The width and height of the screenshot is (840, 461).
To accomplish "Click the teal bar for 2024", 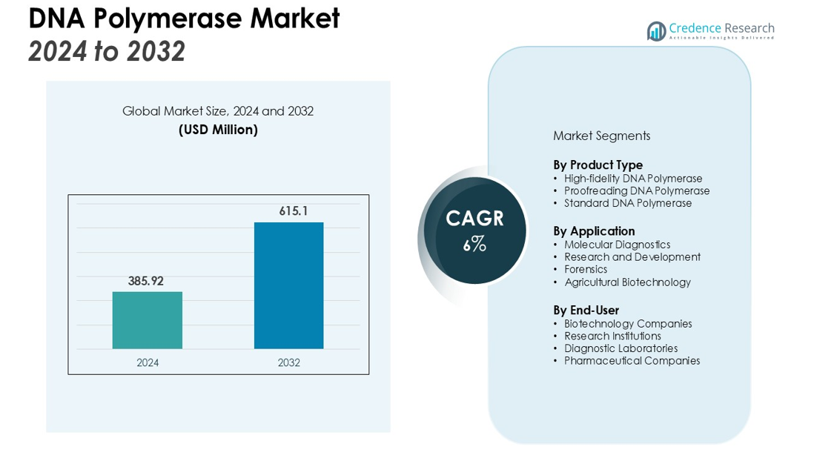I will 147,319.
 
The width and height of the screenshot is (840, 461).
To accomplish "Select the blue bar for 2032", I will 288,285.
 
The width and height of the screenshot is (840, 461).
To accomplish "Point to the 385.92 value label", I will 145,281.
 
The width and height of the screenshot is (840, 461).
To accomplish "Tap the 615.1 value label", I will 293,211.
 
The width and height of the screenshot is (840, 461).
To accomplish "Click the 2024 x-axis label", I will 148,362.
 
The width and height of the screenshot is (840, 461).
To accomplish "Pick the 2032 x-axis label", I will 288,362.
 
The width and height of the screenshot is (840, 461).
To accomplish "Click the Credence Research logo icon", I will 656,31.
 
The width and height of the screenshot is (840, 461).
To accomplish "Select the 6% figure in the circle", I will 474,244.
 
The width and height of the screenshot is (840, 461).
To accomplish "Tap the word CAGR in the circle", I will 474,219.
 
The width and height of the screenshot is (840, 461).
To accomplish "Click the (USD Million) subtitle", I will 218,130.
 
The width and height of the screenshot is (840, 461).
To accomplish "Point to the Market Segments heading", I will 601,136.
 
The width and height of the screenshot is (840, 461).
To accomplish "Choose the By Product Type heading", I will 598,165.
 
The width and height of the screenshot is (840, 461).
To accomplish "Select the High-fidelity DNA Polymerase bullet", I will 632,179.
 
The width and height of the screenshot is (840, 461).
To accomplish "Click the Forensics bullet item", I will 585,269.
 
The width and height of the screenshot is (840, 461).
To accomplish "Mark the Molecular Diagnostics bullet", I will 617,245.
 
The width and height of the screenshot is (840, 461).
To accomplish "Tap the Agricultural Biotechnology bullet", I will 627,282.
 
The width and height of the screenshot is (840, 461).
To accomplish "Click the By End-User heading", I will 586,310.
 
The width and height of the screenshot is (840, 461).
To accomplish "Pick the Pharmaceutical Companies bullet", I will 632,361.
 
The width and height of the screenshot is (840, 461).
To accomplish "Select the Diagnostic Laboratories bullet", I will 621,348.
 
